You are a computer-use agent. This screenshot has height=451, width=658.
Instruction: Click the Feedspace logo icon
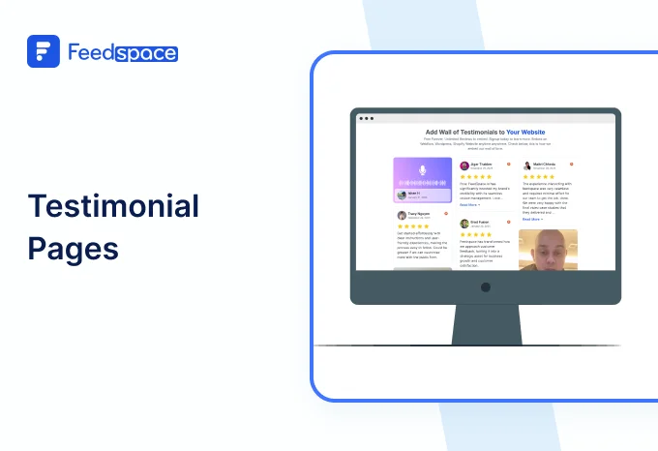[44, 51]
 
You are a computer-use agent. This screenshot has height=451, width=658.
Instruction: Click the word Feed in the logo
[91, 51]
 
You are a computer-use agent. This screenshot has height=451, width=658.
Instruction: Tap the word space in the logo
[146, 52]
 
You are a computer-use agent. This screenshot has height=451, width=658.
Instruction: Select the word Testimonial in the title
[113, 206]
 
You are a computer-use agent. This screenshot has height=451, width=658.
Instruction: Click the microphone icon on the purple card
[422, 170]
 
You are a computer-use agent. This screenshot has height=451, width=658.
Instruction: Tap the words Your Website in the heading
[525, 132]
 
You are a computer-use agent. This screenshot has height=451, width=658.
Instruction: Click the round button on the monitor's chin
[486, 287]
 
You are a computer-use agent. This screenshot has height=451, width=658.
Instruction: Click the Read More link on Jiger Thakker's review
[469, 205]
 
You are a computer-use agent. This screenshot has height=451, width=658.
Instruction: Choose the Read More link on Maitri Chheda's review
[532, 220]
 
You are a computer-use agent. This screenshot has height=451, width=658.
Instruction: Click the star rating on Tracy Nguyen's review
[412, 226]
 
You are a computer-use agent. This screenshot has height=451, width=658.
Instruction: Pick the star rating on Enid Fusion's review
[475, 234]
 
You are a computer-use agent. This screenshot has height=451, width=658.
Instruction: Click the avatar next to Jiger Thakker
[464, 166]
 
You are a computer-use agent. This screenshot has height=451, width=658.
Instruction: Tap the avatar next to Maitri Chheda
[527, 165]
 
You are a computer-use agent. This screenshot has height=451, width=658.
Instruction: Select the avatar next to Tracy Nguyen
[402, 215]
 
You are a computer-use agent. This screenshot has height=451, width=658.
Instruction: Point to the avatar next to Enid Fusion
[464, 223]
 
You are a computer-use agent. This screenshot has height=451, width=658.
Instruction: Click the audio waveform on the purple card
[422, 183]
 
